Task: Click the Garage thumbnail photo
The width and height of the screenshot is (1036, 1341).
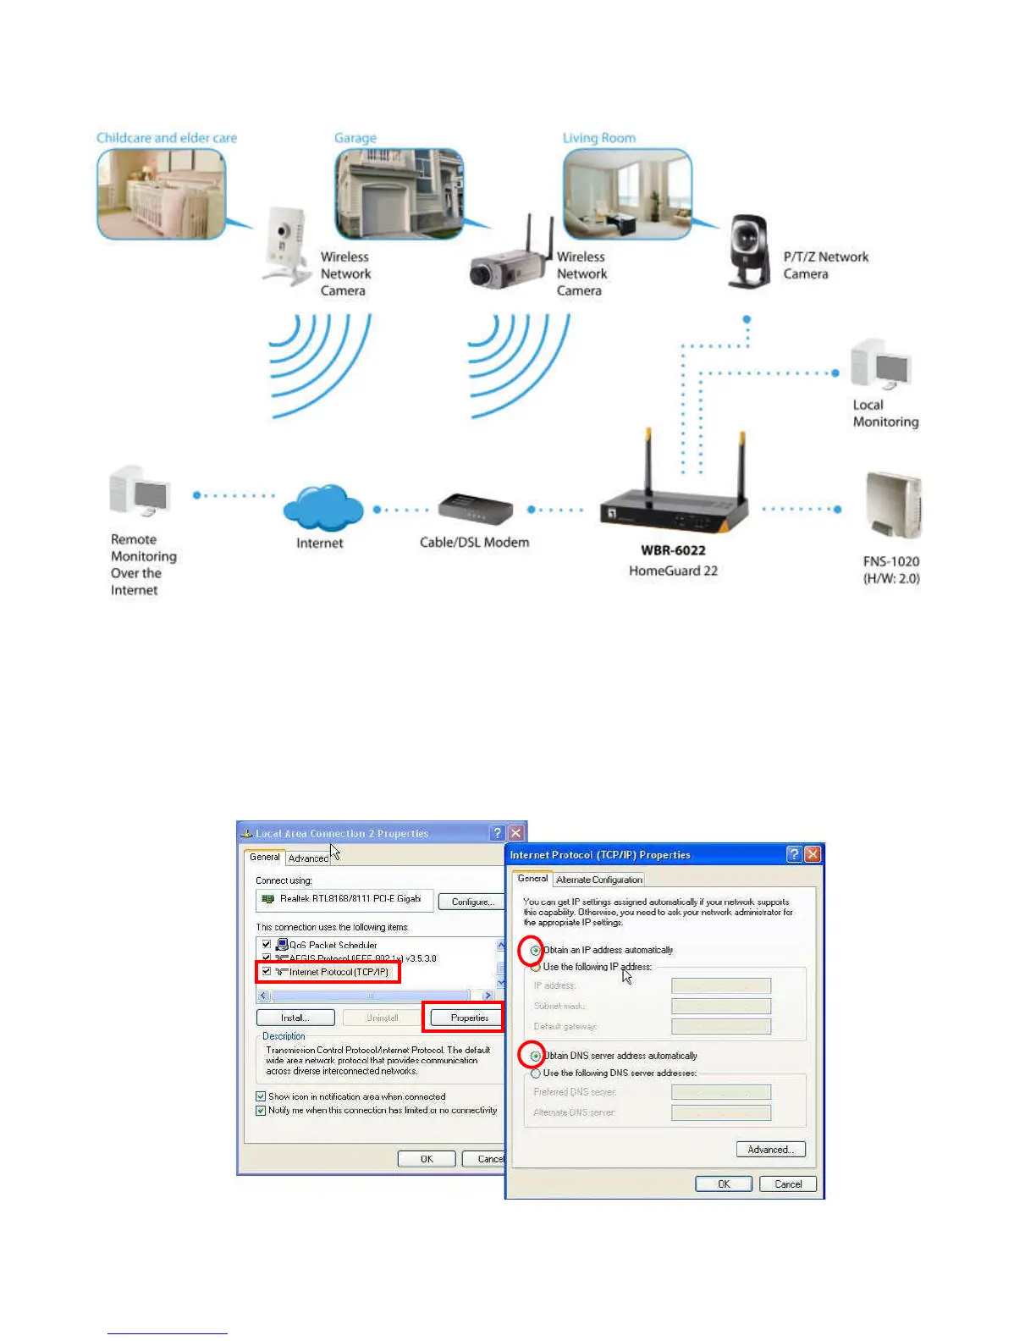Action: coord(399,194)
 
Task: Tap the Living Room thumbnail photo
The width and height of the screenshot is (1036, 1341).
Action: coord(627,194)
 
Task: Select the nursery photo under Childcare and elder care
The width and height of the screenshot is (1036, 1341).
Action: coord(161,194)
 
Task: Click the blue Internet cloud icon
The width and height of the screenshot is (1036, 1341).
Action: coord(323,507)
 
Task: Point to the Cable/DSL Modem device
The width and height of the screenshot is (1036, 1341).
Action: coord(475,509)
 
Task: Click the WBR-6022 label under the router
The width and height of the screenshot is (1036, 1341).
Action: coord(673,550)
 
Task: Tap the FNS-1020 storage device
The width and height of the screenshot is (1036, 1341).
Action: coord(893,506)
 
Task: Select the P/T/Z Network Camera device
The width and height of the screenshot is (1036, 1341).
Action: coord(750,252)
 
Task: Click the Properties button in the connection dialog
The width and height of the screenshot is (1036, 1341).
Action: coord(469,1018)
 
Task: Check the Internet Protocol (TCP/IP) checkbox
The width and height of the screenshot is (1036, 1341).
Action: coord(267,972)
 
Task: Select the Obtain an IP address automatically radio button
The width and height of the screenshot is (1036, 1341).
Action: coord(535,951)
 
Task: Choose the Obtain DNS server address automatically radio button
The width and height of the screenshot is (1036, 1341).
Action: coord(535,1056)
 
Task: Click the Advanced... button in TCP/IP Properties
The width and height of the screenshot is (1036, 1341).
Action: coord(770,1150)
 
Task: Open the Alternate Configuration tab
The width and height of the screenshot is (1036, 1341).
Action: coord(599,880)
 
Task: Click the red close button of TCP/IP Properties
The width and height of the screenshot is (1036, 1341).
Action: coord(813,854)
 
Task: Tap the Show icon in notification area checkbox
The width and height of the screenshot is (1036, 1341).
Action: coord(261,1096)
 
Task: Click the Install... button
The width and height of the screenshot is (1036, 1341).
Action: coord(295,1018)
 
